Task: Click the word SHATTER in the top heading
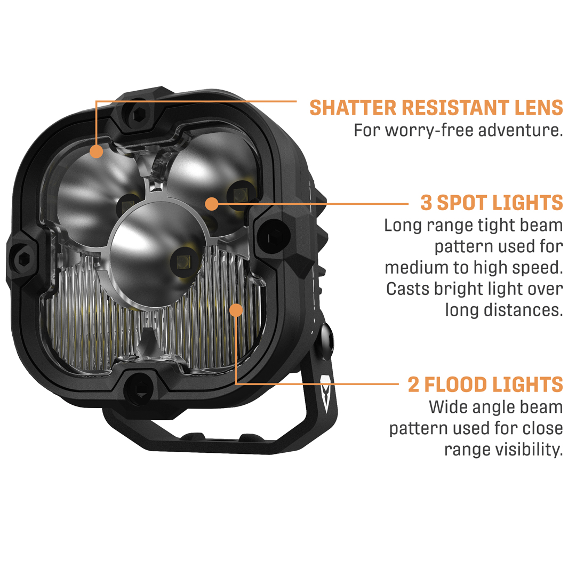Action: [353, 108]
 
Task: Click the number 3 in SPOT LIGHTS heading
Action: [426, 203]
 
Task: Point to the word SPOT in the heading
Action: [462, 203]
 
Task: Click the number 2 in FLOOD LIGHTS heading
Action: [413, 384]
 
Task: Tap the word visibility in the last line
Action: [529, 449]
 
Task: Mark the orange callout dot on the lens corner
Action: [96, 151]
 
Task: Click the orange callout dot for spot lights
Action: [212, 204]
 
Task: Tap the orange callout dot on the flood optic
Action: [236, 310]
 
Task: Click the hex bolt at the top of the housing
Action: [139, 115]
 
